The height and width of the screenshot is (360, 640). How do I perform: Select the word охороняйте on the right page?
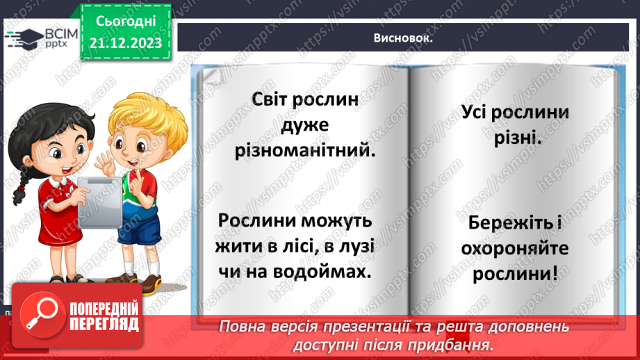point(516,248)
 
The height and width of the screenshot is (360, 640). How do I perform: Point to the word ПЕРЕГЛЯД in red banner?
point(104,325)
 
